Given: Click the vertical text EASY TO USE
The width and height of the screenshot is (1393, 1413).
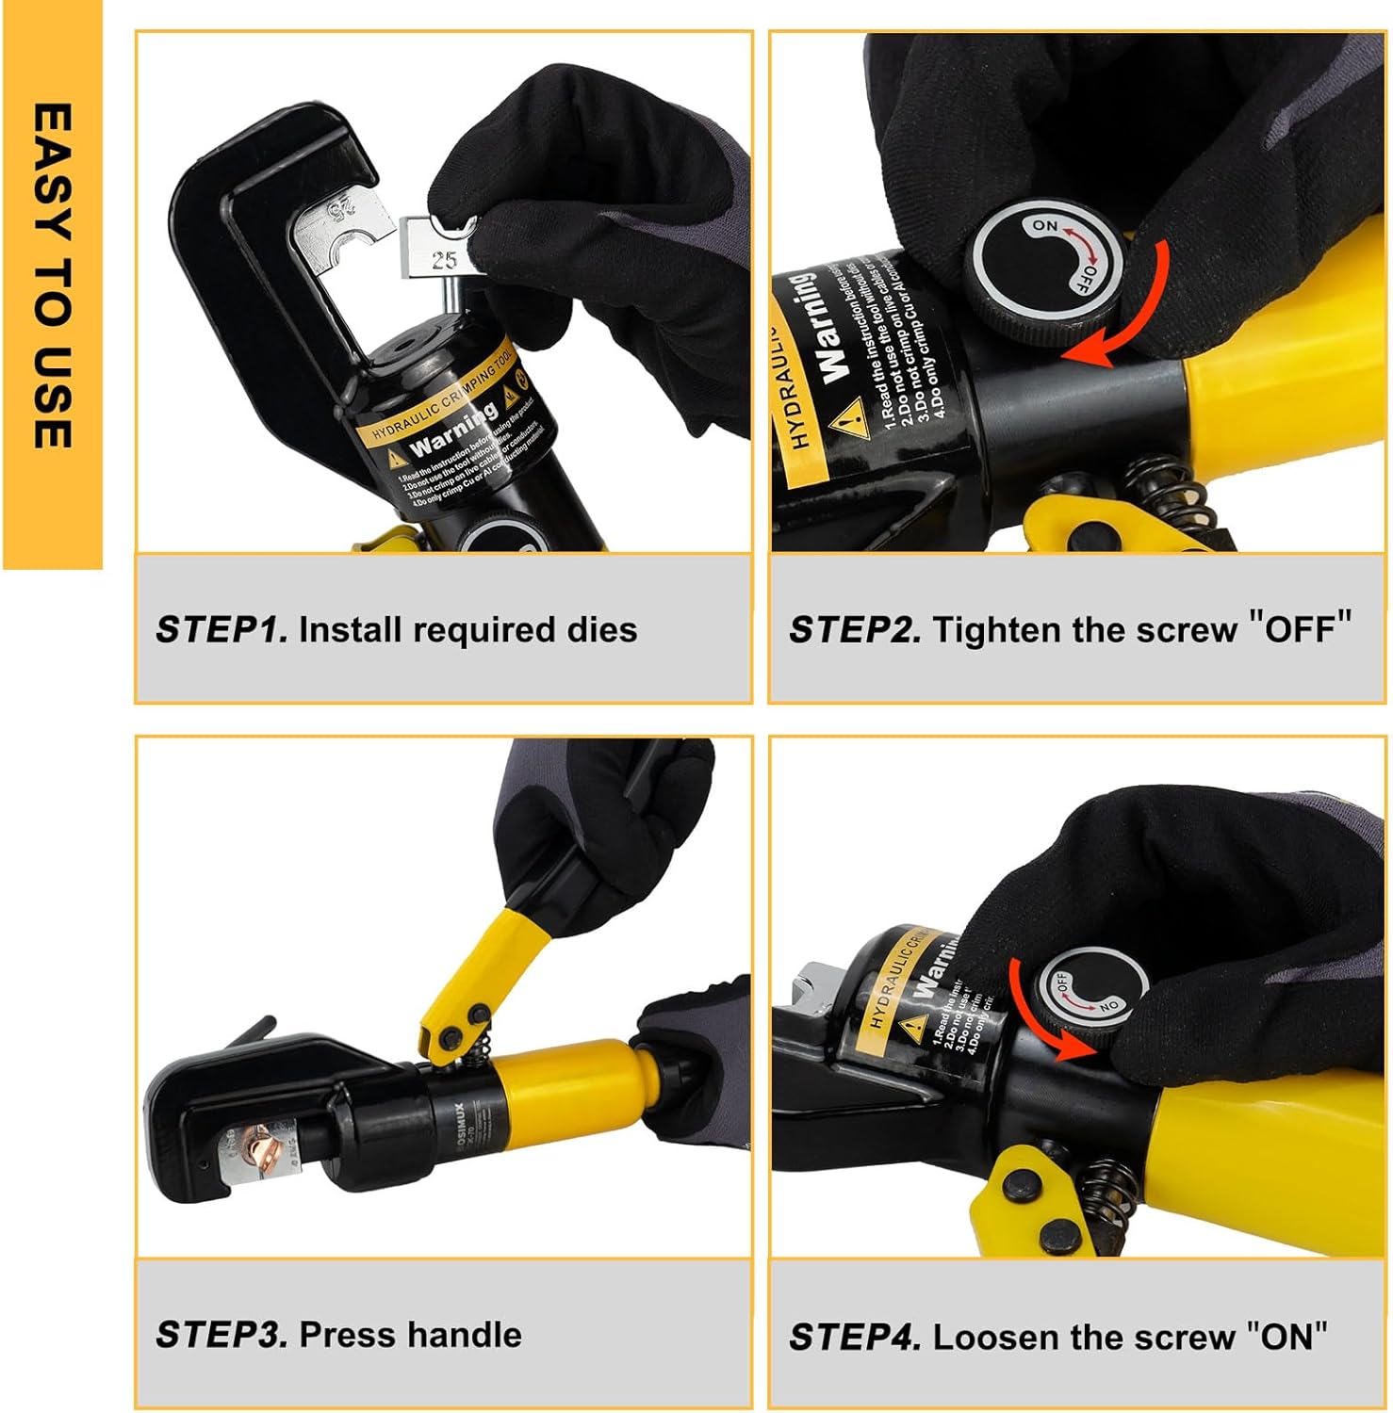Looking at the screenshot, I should (53, 275).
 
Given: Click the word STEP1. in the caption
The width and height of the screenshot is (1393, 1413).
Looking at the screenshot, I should (221, 629).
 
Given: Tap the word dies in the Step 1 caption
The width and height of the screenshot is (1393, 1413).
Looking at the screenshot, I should (601, 629).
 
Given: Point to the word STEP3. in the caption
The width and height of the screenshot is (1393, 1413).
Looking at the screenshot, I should (221, 1334).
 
